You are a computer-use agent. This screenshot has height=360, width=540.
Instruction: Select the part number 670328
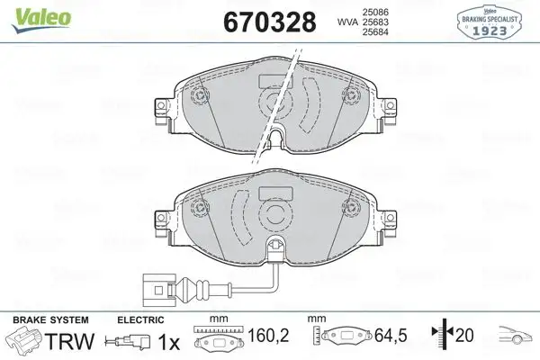click(264, 21)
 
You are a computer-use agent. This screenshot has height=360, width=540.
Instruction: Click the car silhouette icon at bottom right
click(511, 340)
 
